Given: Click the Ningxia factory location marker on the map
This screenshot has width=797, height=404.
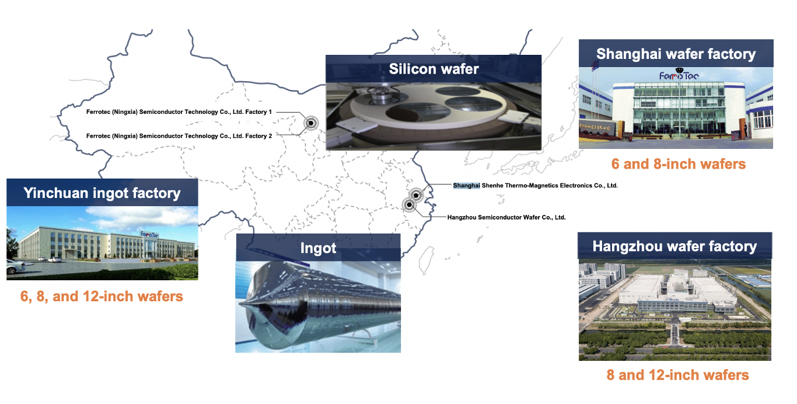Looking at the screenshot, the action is (311, 123).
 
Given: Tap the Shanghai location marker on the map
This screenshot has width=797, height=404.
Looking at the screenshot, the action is (416, 195).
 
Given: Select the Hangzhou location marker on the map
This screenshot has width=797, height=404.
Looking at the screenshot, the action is (409, 205).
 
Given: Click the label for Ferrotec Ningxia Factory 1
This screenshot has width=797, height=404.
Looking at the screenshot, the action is (179, 112).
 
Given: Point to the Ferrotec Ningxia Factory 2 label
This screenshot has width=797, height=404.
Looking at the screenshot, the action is (179, 136).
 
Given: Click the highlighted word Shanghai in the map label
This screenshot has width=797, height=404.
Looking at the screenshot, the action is (466, 186).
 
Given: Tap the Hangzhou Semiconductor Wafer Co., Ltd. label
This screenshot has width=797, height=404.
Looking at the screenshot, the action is (506, 217).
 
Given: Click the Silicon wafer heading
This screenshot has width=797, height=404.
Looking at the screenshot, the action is (434, 69).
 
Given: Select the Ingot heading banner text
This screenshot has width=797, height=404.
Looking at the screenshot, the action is (318, 248).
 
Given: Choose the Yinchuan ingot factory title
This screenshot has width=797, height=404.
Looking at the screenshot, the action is (102, 193).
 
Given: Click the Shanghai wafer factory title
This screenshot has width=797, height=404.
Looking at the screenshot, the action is (676, 54).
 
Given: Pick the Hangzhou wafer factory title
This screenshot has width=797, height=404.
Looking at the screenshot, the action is (674, 246).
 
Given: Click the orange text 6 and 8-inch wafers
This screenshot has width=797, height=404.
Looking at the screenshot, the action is (679, 164).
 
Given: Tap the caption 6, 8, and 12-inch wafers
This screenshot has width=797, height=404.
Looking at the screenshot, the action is (102, 296).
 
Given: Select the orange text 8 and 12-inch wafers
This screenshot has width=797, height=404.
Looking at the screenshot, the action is (678, 375).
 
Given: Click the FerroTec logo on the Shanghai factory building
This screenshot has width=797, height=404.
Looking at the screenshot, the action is (679, 76).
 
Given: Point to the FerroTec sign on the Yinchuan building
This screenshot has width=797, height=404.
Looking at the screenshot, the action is (149, 234).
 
